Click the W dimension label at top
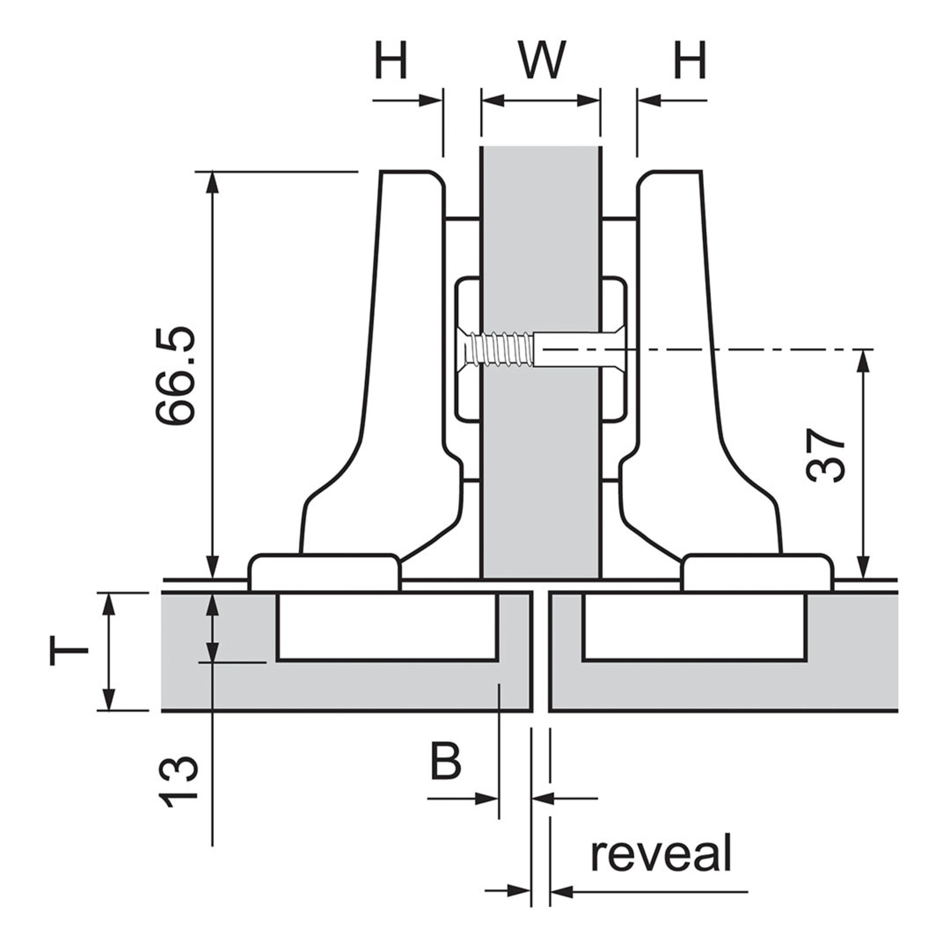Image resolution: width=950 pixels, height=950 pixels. [542, 60]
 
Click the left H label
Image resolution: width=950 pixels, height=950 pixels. [391, 60]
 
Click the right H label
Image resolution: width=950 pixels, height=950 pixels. [689, 60]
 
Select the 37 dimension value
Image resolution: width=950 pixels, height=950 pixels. [826, 455]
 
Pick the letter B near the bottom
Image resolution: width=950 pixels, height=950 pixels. [446, 761]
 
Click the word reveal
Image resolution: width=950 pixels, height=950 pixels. [661, 854]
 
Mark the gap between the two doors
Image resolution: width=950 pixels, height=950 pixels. [539, 650]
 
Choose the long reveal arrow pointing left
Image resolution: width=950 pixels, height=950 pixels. [650, 892]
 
